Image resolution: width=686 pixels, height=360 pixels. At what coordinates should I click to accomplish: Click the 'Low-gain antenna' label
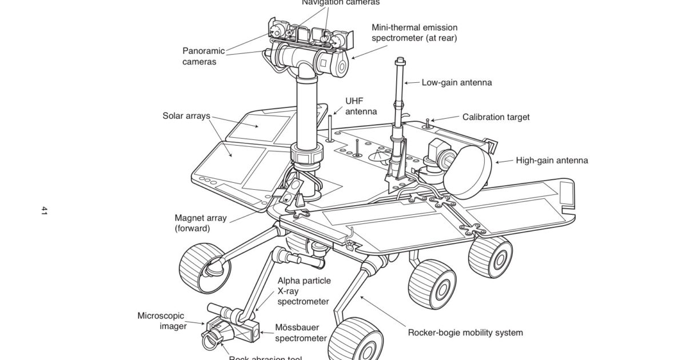coord(456,82)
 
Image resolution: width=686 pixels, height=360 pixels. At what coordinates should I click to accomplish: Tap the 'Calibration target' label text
coord(496,117)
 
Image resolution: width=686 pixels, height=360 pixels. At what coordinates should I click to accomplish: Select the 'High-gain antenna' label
coord(552,161)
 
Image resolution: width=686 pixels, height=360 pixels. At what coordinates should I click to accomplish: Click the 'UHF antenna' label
coord(361,106)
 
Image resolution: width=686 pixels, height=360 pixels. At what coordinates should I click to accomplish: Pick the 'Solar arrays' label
coord(186,116)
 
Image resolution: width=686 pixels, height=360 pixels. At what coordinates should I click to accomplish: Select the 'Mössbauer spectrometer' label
coord(301,333)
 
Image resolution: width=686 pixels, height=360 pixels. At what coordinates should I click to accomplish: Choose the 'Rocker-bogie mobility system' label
coord(465,332)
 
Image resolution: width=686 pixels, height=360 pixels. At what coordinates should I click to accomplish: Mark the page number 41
coord(44,211)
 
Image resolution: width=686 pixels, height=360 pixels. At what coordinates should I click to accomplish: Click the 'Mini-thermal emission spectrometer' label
coord(414,33)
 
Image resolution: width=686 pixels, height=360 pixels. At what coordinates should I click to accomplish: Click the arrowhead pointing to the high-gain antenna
coord(497,162)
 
